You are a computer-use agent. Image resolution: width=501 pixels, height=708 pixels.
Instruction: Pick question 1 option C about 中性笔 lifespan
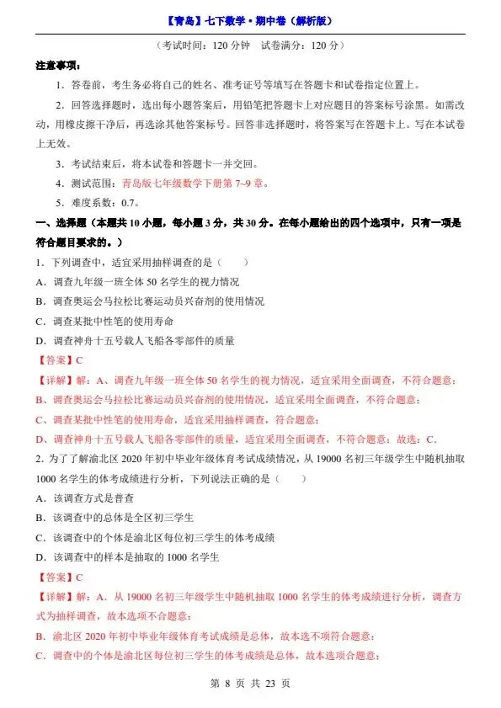113,321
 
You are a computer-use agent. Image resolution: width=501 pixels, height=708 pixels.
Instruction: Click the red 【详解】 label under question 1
54,381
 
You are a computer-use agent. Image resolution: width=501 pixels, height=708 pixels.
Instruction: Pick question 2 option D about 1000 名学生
126,556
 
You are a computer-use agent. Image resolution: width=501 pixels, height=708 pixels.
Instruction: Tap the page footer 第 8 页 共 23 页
250,683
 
